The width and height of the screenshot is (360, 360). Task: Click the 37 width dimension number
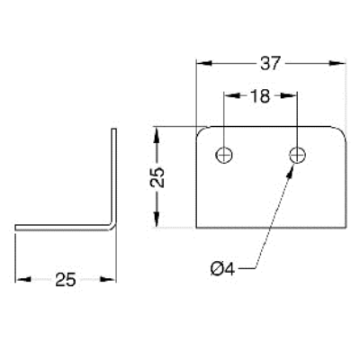tap(270, 63)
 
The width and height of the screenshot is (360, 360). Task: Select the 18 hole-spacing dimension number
tap(260, 96)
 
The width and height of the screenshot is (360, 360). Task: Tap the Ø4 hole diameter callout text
tap(222, 268)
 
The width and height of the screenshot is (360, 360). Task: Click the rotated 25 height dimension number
tap(157, 177)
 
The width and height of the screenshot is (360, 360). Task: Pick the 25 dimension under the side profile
tap(66, 280)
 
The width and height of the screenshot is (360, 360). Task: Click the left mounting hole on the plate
tap(224, 155)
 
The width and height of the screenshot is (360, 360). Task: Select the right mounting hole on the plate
tap(297, 155)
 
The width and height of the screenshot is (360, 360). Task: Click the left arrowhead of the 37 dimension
tap(204, 63)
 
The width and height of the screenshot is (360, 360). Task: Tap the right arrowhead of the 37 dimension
tap(337, 63)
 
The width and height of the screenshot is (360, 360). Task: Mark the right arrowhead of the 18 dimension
tap(289, 95)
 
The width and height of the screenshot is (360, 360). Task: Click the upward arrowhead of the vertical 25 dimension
tap(157, 135)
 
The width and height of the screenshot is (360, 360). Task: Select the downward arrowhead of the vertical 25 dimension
tap(157, 219)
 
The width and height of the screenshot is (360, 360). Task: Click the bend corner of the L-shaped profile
tap(112, 226)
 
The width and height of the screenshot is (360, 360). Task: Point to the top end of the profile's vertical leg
tap(114, 130)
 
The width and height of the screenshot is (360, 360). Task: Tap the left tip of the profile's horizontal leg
tap(16, 228)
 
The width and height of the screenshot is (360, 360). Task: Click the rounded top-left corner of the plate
tap(200, 130)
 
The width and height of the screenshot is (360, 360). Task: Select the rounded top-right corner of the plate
tap(343, 131)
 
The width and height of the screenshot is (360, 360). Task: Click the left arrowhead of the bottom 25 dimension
tap(23, 279)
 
